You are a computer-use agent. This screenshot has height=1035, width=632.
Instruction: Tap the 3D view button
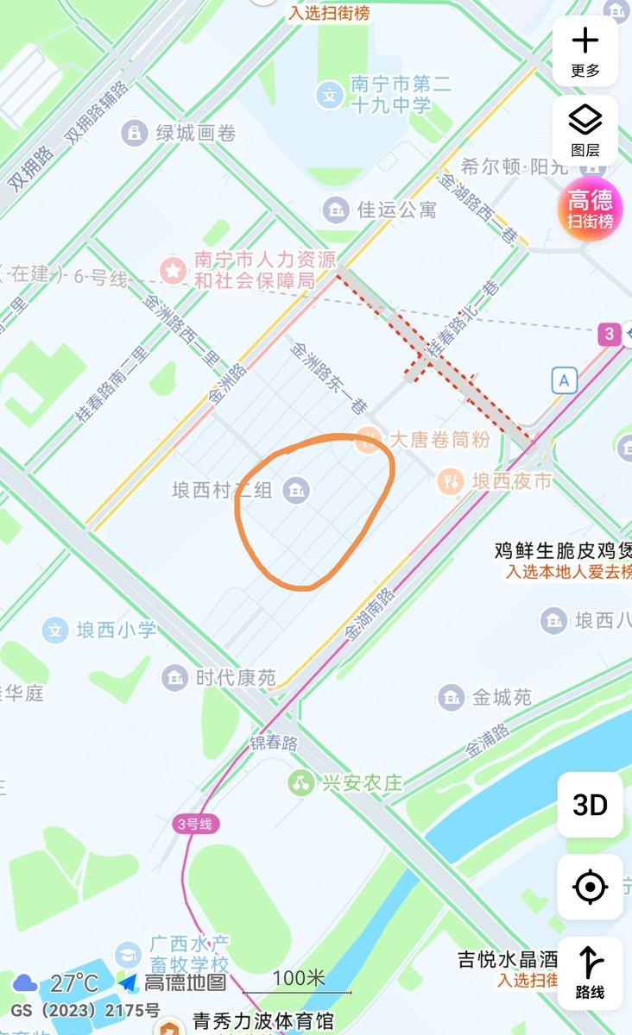(x=591, y=805)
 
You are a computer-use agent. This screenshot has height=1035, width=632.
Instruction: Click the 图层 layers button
(x=585, y=130)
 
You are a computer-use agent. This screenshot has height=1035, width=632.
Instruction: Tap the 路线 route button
(x=591, y=972)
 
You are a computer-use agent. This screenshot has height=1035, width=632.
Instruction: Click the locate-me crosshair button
(x=591, y=887)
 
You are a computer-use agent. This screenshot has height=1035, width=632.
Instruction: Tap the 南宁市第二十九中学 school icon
(x=329, y=94)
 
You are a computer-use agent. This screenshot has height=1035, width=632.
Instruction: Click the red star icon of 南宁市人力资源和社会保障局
(x=174, y=270)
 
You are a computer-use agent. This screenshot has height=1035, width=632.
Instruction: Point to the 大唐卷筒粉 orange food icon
(x=369, y=440)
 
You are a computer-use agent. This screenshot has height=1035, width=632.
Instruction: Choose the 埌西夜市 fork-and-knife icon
(x=449, y=481)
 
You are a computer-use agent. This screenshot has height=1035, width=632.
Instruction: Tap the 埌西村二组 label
(x=222, y=491)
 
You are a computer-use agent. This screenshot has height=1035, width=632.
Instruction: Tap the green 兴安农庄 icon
(x=300, y=783)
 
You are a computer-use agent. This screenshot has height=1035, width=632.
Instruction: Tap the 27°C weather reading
(x=73, y=983)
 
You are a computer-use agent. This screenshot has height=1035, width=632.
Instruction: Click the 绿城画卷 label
(x=195, y=133)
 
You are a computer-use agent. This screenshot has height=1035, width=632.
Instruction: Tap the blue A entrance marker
(x=565, y=380)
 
